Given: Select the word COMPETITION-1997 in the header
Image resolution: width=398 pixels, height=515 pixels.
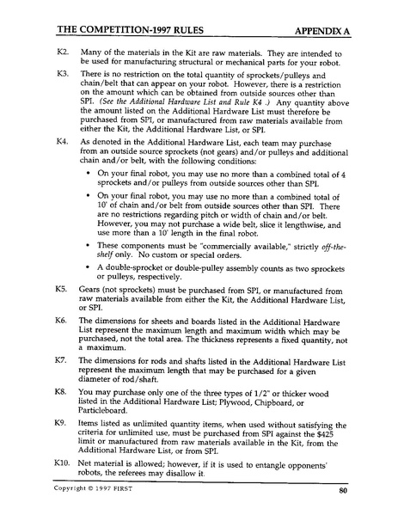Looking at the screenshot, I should [x=128, y=28].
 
